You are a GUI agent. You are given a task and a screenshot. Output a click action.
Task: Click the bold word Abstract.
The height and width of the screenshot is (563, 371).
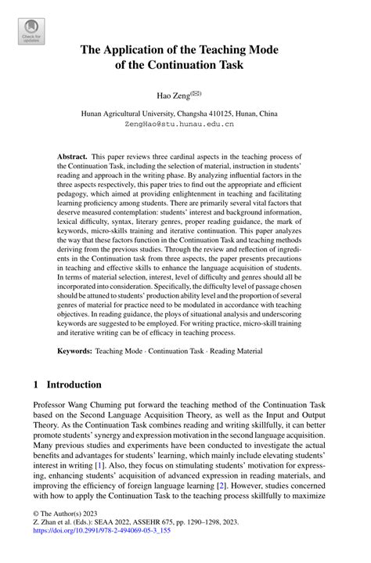73,157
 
